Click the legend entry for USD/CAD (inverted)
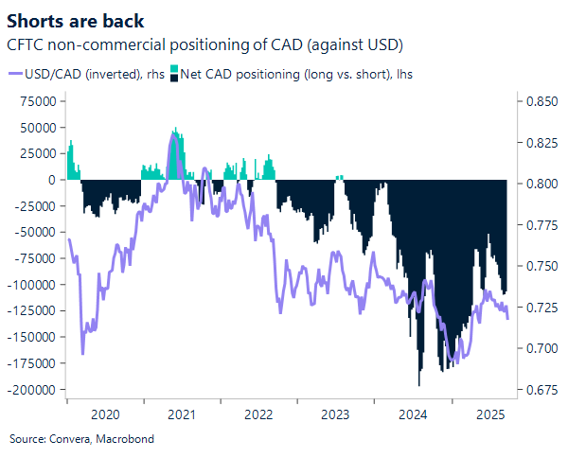coord(81,73)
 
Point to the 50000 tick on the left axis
coord(42,127)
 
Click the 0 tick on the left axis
coord(55,180)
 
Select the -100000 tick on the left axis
coord(35,285)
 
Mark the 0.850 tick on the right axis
coord(538,101)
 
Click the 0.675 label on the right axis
coord(538,390)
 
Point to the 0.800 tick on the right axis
coord(538,184)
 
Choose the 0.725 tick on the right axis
coord(538,308)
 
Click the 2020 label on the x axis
coord(104,414)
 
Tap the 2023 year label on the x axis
coord(335,414)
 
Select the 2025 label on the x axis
coord(489,414)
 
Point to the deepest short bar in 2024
coord(418,384)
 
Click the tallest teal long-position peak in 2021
coord(174,129)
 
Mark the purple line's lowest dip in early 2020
coord(82,353)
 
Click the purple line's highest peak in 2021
coord(173,135)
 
